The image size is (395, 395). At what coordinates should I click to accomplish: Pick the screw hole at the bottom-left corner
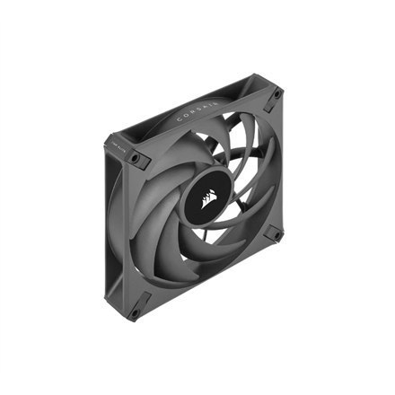point(135,313)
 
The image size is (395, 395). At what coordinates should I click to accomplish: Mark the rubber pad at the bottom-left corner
point(134,312)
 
